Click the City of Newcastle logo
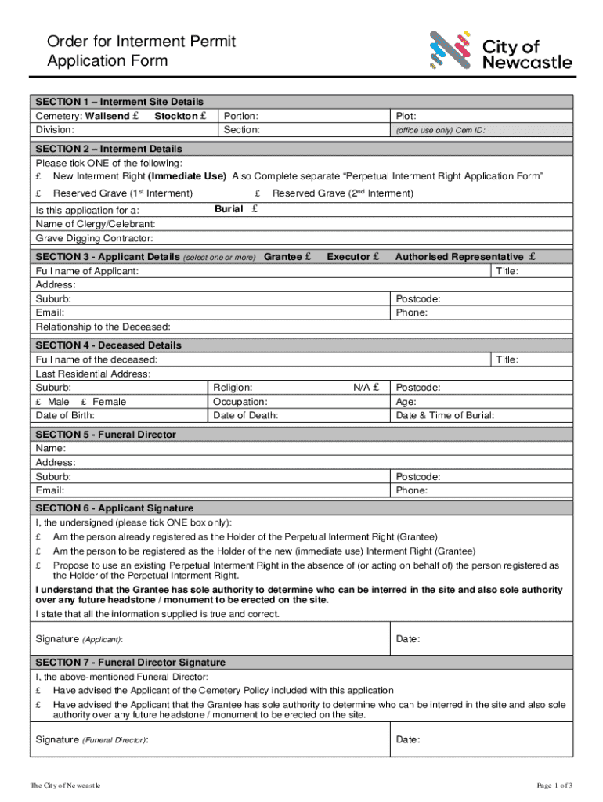coord(500,50)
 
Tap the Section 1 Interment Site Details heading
coord(119,102)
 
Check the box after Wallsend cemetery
coord(136,116)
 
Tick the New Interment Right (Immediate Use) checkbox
coord(39,176)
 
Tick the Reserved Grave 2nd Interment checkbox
coord(258,193)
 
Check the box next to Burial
coord(255,209)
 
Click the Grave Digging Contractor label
coord(94,238)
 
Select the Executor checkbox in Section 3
coord(377,256)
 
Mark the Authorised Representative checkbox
coord(533,256)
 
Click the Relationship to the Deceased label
coord(103,327)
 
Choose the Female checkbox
coord(85,402)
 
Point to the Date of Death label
coord(245,415)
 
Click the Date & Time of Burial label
coord(445,415)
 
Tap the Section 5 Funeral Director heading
coord(106,434)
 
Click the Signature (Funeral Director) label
coord(92,739)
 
